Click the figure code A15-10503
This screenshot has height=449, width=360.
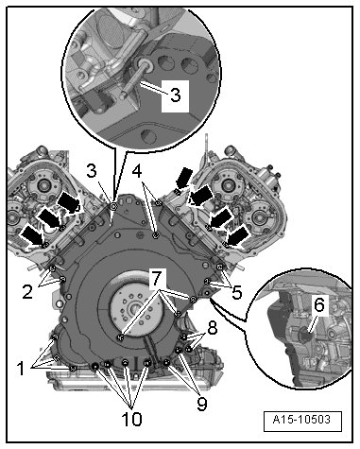pyautogui.click(x=301, y=420)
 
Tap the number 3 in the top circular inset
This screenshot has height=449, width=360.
pyautogui.click(x=175, y=95)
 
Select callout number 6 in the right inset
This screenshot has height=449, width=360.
pyautogui.click(x=318, y=304)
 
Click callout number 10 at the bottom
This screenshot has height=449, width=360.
pyautogui.click(x=131, y=419)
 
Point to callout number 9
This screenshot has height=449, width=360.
pyautogui.click(x=202, y=404)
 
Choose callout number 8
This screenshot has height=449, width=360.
pyautogui.click(x=213, y=328)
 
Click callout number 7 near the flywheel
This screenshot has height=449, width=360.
pyautogui.click(x=157, y=278)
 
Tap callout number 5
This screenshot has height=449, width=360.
pyautogui.click(x=236, y=292)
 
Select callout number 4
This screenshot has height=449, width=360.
pyautogui.click(x=137, y=170)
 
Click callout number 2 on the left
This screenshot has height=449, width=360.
pyautogui.click(x=27, y=292)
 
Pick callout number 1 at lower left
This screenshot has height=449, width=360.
pyautogui.click(x=21, y=368)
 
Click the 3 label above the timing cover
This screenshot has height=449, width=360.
pyautogui.click(x=92, y=170)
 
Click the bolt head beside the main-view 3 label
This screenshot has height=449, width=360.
pyautogui.click(x=113, y=206)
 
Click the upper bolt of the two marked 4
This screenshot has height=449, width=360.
pyautogui.click(x=159, y=202)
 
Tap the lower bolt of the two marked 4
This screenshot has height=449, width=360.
pyautogui.click(x=155, y=235)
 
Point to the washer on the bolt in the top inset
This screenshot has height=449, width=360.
pyautogui.click(x=146, y=64)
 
